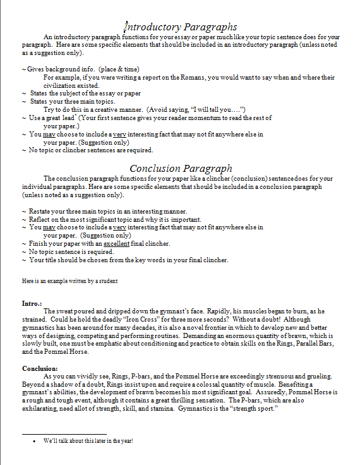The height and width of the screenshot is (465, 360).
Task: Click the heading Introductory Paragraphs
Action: coord(181,27)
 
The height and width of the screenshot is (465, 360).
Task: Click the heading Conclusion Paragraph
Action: coord(181,168)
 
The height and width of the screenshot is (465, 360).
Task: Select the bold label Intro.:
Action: coord(32,303)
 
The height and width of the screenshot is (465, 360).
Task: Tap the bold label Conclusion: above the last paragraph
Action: coord(40,368)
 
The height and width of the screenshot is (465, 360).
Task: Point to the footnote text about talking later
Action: coord(88,441)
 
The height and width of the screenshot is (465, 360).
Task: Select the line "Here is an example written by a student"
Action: coord(69,281)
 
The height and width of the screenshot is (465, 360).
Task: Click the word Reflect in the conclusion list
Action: coord(42,219)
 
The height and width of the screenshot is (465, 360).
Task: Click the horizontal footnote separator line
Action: coord(64,434)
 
